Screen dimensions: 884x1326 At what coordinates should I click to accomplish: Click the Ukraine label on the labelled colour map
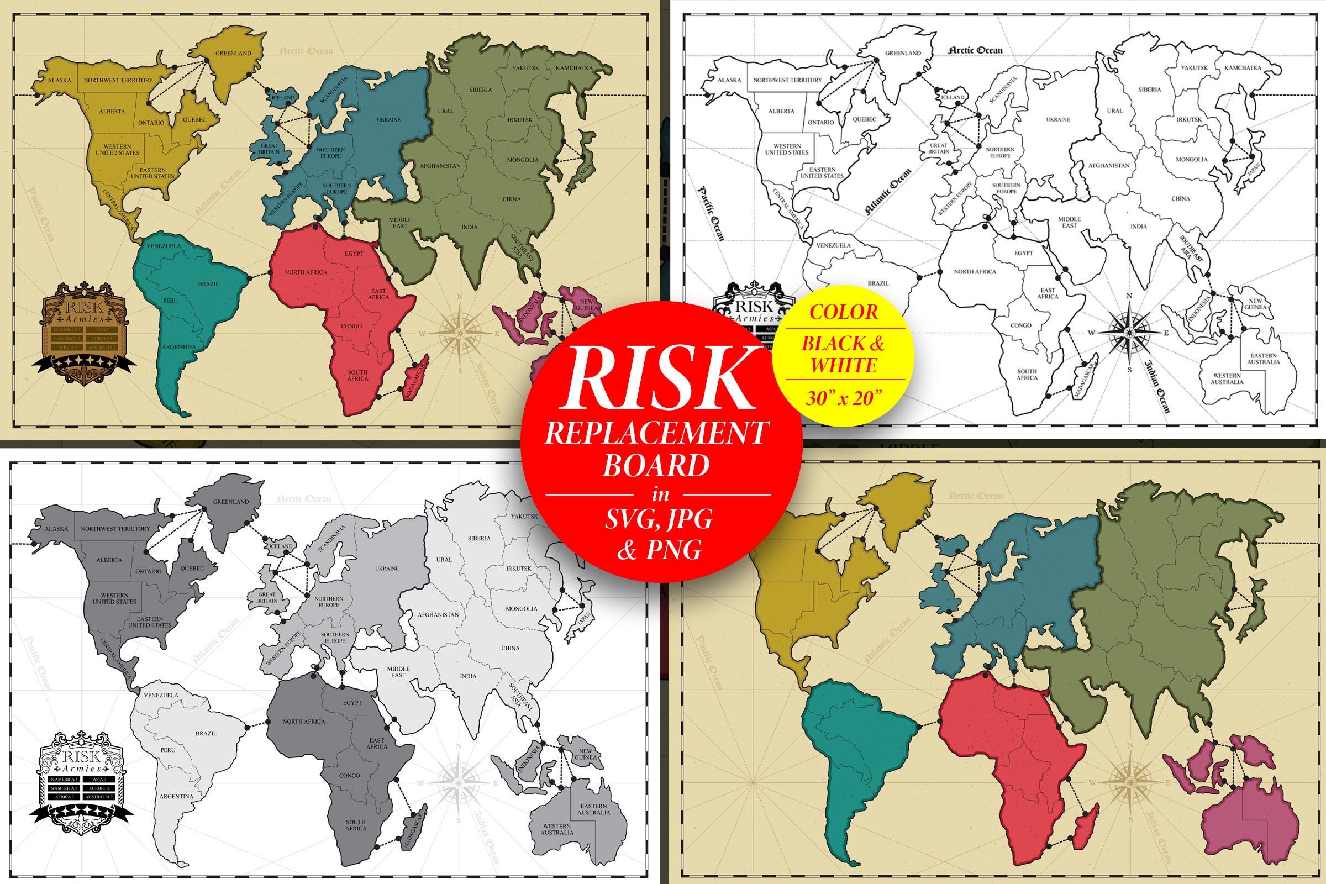[x=388, y=120]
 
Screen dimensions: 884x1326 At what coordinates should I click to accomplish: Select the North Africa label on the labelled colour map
[x=306, y=272]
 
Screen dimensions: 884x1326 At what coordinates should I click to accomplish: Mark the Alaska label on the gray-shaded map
[x=56, y=529]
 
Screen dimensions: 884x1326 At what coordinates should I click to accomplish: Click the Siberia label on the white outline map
[x=1150, y=89]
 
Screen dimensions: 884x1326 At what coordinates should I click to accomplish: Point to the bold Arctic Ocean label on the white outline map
[x=975, y=50]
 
